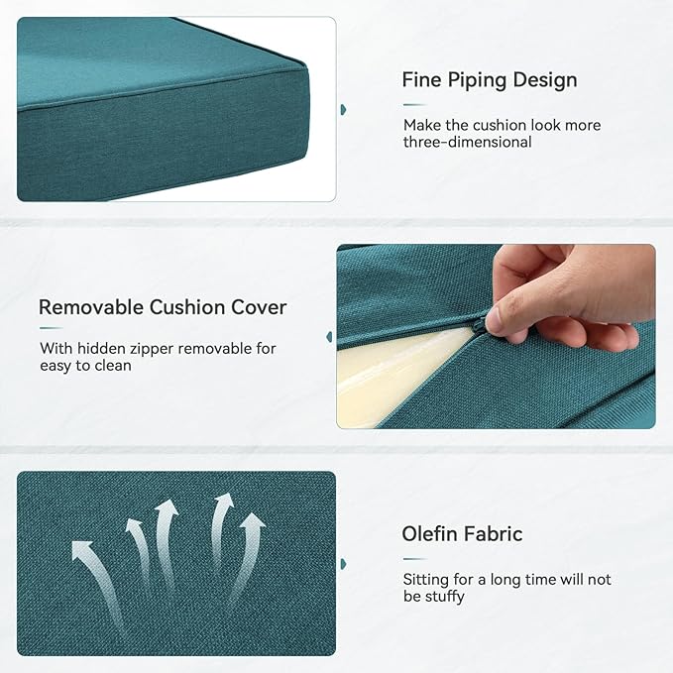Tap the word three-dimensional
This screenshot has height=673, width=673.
point(468,142)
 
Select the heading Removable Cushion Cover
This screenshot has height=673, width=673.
point(163,307)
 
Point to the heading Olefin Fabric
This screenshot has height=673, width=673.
point(462,534)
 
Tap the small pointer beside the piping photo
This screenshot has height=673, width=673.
point(343,109)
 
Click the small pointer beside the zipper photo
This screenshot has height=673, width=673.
point(329,337)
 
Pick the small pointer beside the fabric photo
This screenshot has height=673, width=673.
point(343,563)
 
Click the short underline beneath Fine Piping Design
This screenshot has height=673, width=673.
point(414,104)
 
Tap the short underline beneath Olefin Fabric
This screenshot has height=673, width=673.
point(414,559)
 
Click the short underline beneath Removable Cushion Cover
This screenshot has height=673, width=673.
point(51,328)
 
